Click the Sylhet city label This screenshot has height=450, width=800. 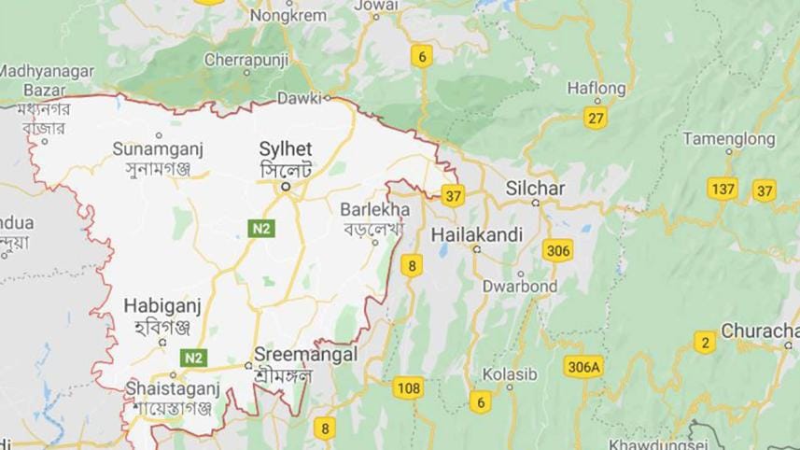tap(285, 149)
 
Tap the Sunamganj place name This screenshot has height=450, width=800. tap(158, 148)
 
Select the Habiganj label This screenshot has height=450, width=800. tap(162, 306)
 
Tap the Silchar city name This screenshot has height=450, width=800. tap(535, 189)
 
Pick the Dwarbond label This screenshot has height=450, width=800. tap(520, 286)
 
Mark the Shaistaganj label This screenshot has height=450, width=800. tap(171, 387)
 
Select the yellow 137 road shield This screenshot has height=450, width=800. tap(722, 189)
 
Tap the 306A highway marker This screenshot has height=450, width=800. tap(583, 367)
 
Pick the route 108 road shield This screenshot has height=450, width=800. tap(408, 387)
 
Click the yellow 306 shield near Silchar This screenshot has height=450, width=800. tap(558, 250)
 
